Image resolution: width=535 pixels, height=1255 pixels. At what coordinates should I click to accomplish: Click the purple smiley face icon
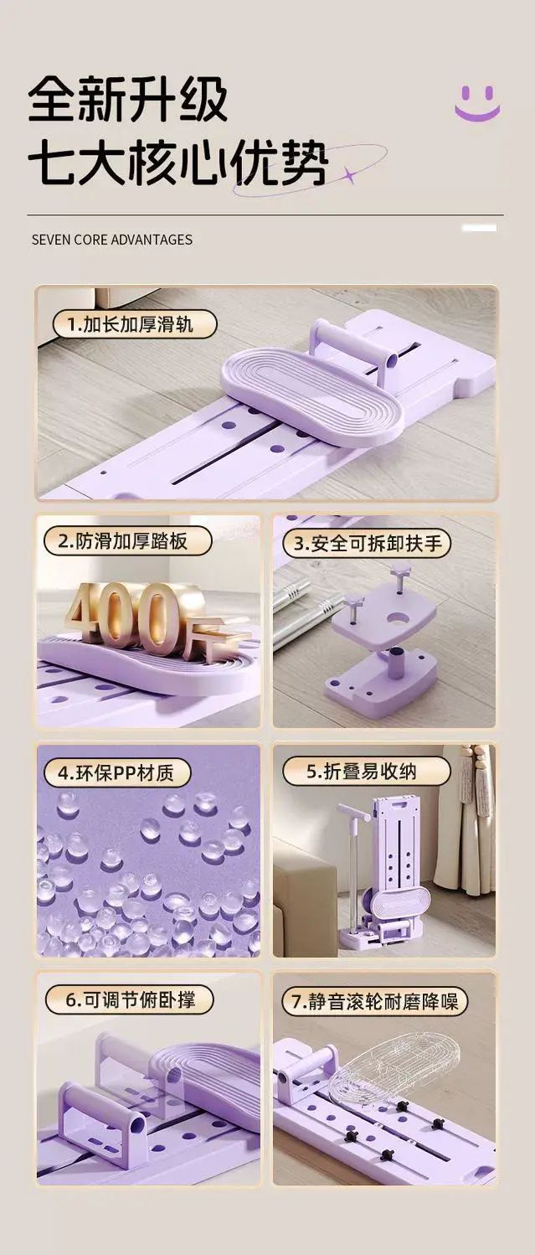[476, 102]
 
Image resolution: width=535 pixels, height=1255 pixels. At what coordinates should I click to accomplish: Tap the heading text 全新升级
[128, 101]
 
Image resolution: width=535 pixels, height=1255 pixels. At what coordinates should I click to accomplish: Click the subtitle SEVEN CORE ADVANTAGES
[112, 240]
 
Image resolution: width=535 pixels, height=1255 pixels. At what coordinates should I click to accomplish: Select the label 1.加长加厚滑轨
[134, 325]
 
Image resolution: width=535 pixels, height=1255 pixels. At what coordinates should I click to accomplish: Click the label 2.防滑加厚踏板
[127, 542]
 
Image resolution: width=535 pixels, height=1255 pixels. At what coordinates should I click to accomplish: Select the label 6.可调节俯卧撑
[130, 1000]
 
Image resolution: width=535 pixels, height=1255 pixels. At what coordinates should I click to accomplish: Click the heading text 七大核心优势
[178, 164]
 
